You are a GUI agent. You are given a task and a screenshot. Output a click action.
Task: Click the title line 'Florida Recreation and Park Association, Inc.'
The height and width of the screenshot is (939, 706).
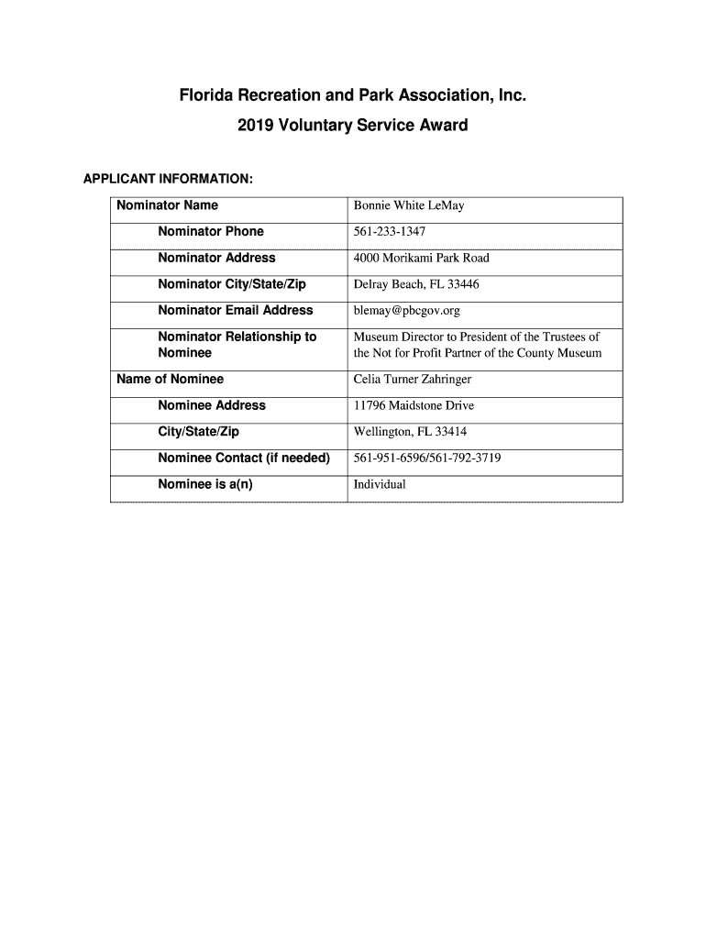click(353, 95)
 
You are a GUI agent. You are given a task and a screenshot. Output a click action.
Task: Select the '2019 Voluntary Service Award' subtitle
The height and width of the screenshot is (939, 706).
click(353, 125)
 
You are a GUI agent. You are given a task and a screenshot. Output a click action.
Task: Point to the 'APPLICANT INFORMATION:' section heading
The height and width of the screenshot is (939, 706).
click(168, 178)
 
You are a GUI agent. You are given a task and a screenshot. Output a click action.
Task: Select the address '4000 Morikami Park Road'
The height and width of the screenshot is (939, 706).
click(421, 259)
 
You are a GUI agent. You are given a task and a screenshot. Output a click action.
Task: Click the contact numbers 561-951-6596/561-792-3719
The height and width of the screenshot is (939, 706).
click(427, 458)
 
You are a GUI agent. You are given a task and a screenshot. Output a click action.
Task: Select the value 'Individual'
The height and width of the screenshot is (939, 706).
click(380, 484)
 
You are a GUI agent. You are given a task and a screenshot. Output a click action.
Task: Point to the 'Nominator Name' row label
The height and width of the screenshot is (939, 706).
click(167, 205)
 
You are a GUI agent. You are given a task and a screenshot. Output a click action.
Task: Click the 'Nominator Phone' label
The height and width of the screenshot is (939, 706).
click(210, 232)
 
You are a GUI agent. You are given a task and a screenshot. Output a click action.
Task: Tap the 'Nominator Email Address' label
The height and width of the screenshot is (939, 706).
click(235, 311)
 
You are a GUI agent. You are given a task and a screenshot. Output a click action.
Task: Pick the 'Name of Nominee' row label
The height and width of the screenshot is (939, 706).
click(170, 380)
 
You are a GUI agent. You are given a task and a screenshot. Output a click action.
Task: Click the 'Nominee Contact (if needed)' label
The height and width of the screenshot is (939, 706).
click(243, 458)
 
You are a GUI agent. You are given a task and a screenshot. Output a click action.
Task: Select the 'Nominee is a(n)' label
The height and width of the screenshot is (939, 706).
click(204, 484)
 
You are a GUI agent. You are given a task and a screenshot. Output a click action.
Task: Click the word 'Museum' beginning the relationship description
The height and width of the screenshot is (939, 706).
click(376, 337)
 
